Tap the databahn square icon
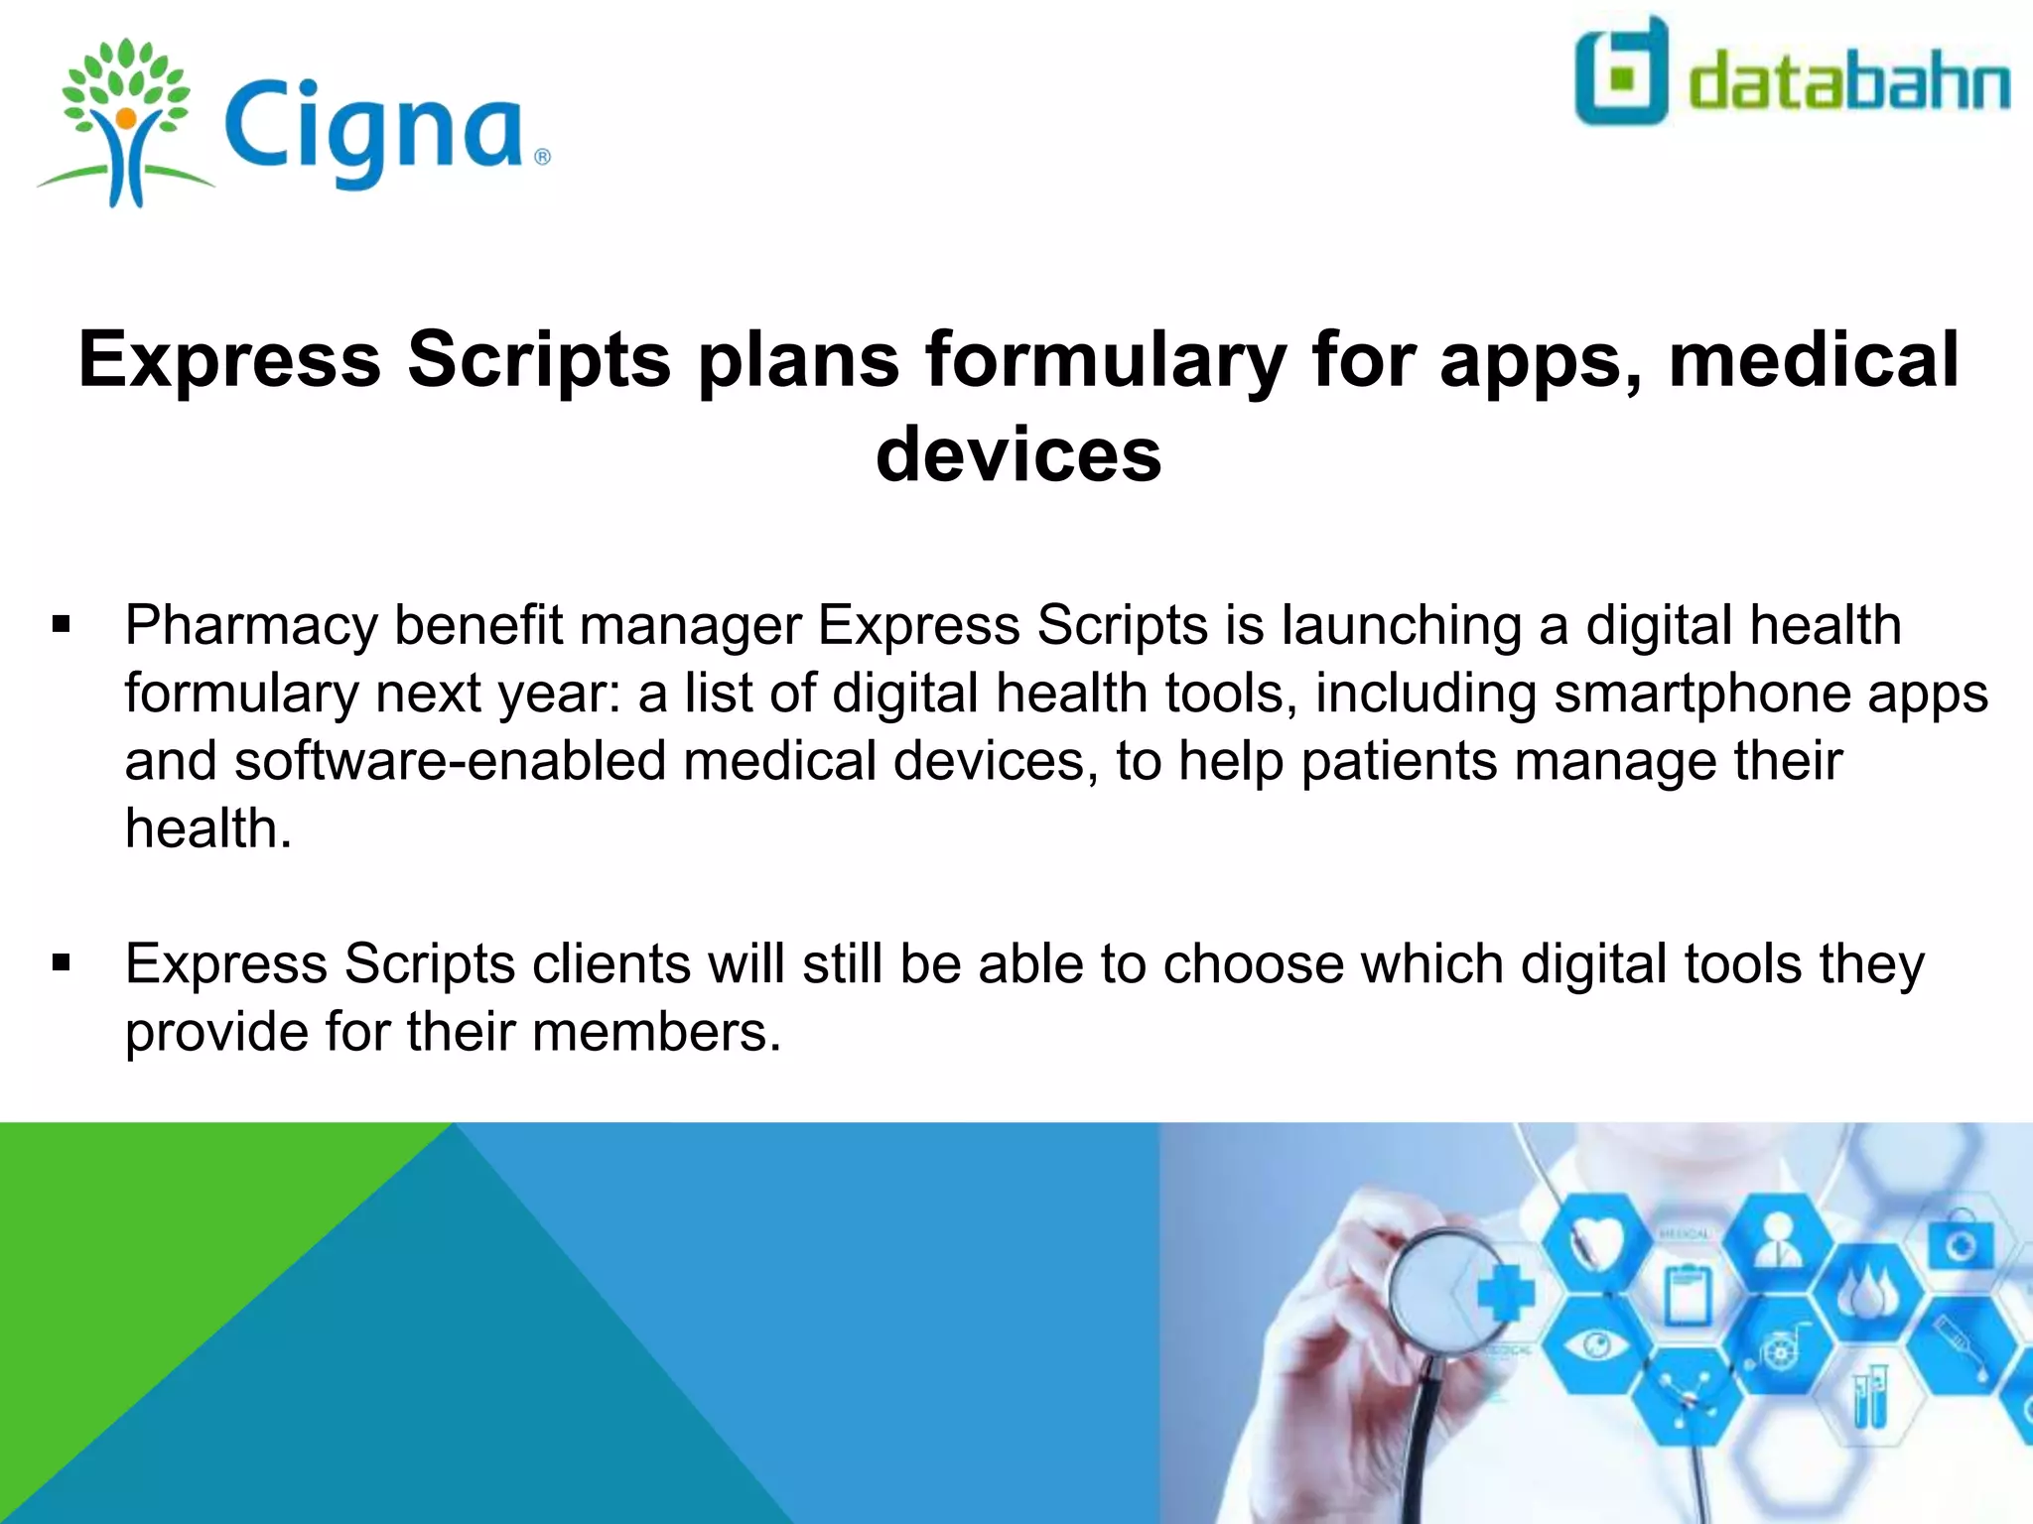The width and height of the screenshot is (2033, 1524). (1621, 71)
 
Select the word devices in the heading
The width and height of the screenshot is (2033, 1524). (1018, 454)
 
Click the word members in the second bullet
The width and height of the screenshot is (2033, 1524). (656, 1033)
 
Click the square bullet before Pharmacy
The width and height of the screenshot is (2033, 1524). (62, 625)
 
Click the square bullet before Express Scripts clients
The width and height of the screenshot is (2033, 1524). (62, 963)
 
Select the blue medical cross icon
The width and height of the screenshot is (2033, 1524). (1506, 1293)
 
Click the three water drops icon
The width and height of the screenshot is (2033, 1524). (1869, 1293)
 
